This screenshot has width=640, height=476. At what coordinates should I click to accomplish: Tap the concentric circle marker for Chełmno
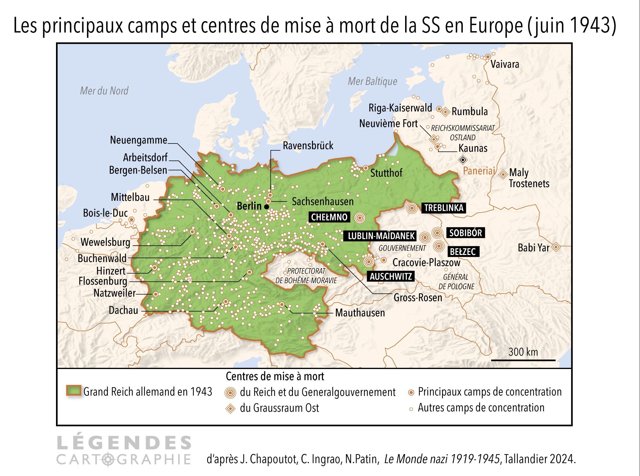coord(360,218)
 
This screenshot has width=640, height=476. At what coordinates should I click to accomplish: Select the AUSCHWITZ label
coord(391,276)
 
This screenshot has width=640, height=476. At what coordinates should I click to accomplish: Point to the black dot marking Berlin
coord(267,207)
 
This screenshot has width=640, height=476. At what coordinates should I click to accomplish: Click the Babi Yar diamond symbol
coord(556,247)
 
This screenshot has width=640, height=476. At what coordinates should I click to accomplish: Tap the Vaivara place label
coord(505,64)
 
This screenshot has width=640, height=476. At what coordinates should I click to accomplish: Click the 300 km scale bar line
coord(523,360)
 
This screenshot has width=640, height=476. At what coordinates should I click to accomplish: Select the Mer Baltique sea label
coord(372,81)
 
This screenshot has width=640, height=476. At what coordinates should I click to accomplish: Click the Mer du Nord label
coord(104,91)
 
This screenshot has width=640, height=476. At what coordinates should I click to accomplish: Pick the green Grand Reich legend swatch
coord(74,390)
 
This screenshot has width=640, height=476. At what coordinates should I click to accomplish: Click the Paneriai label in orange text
coord(479,171)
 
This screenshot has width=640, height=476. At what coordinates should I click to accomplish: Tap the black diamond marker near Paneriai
coord(463,160)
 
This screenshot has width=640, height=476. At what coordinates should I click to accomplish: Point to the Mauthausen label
coord(360,313)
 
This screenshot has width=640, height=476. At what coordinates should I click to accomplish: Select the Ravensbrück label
coord(308,146)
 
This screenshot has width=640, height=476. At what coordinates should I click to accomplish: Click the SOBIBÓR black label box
coord(465,233)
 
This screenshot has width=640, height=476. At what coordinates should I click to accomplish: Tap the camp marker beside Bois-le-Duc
coord(132,219)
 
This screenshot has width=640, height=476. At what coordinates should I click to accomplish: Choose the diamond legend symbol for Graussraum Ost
coord(230,409)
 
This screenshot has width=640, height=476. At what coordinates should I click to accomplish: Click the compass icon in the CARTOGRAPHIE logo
coord(109,459)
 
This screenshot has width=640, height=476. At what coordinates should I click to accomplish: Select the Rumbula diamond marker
coord(445,112)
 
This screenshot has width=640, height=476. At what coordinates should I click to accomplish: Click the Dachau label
coord(123,310)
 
